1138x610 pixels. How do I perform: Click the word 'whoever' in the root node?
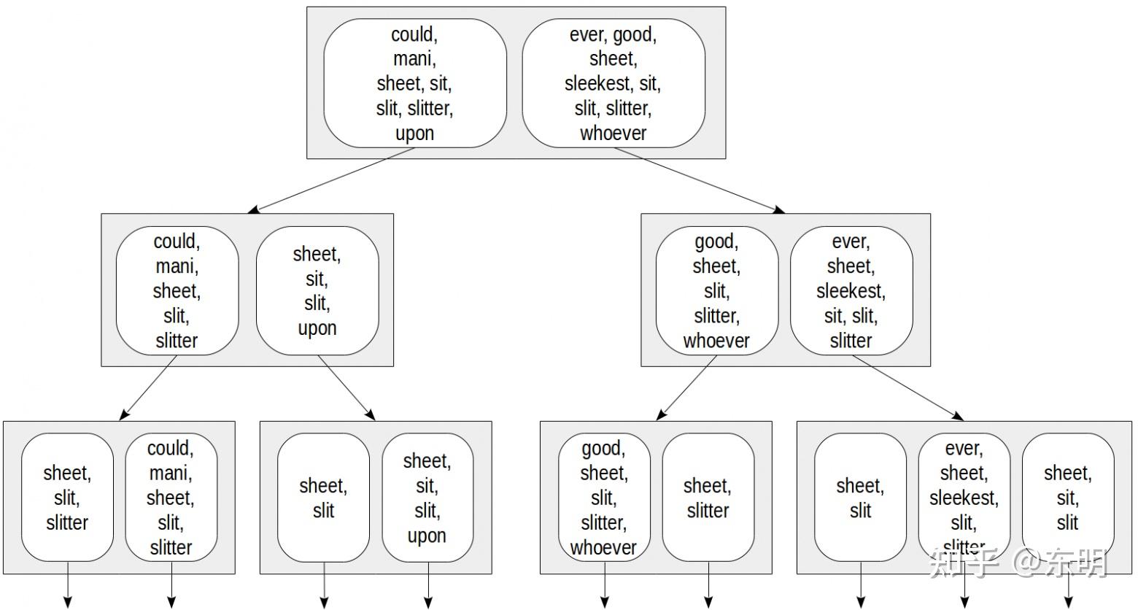(613, 134)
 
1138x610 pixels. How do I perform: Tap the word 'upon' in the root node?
(414, 134)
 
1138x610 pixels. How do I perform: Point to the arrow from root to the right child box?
(700, 180)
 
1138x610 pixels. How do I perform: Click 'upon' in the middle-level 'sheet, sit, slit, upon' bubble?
(317, 328)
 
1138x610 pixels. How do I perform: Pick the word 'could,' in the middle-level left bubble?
(177, 242)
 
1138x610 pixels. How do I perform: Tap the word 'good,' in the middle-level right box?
(716, 242)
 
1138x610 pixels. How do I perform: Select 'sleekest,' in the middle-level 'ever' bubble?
(851, 291)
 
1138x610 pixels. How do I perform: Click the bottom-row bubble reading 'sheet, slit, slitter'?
(67, 498)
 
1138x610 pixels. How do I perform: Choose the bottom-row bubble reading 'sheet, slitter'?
(708, 498)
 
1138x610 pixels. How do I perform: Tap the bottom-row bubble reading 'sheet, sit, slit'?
(1067, 498)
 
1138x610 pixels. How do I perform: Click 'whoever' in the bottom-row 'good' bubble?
(603, 547)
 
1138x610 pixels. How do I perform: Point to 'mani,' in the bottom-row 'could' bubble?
(171, 473)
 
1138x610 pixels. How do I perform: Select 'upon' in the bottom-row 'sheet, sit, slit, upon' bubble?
(427, 536)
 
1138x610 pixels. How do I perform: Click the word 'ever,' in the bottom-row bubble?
(964, 448)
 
